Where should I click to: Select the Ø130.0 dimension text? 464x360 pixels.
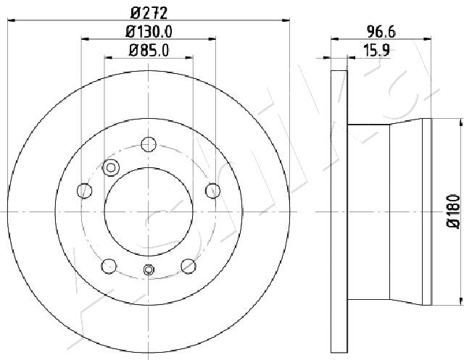(x=148, y=32)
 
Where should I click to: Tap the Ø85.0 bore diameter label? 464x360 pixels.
(x=148, y=51)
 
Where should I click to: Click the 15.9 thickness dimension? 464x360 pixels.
(x=373, y=51)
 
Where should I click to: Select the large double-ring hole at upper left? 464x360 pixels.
(x=111, y=168)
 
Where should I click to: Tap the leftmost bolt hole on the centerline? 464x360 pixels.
(x=85, y=191)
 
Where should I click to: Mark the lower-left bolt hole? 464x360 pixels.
(x=109, y=265)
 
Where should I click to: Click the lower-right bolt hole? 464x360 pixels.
(x=188, y=265)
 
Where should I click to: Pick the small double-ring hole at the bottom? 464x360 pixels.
(x=149, y=270)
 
